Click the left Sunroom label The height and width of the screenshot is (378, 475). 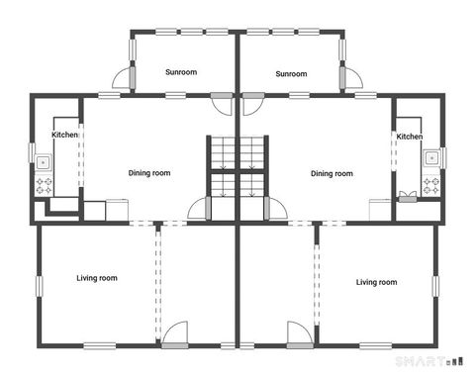pos(181,72)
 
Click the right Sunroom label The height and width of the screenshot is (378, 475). pos(291,73)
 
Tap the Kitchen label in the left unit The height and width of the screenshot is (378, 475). pos(65,135)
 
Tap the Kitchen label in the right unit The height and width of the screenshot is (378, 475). pos(410,137)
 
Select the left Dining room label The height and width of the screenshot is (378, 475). pos(149,173)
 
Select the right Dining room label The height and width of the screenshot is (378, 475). pos(332,173)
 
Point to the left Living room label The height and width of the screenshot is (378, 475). pos(97,278)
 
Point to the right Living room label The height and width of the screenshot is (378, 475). pos(376,282)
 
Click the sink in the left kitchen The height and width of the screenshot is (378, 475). pos(43,161)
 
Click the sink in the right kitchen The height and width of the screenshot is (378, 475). pos(431,157)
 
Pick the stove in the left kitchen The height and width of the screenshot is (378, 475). pos(44,184)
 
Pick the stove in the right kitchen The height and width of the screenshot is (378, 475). pos(431,184)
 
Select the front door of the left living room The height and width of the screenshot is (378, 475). pos(176,334)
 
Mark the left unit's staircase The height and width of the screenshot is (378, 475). pos(222,168)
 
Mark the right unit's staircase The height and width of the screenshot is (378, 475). pos(252,168)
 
